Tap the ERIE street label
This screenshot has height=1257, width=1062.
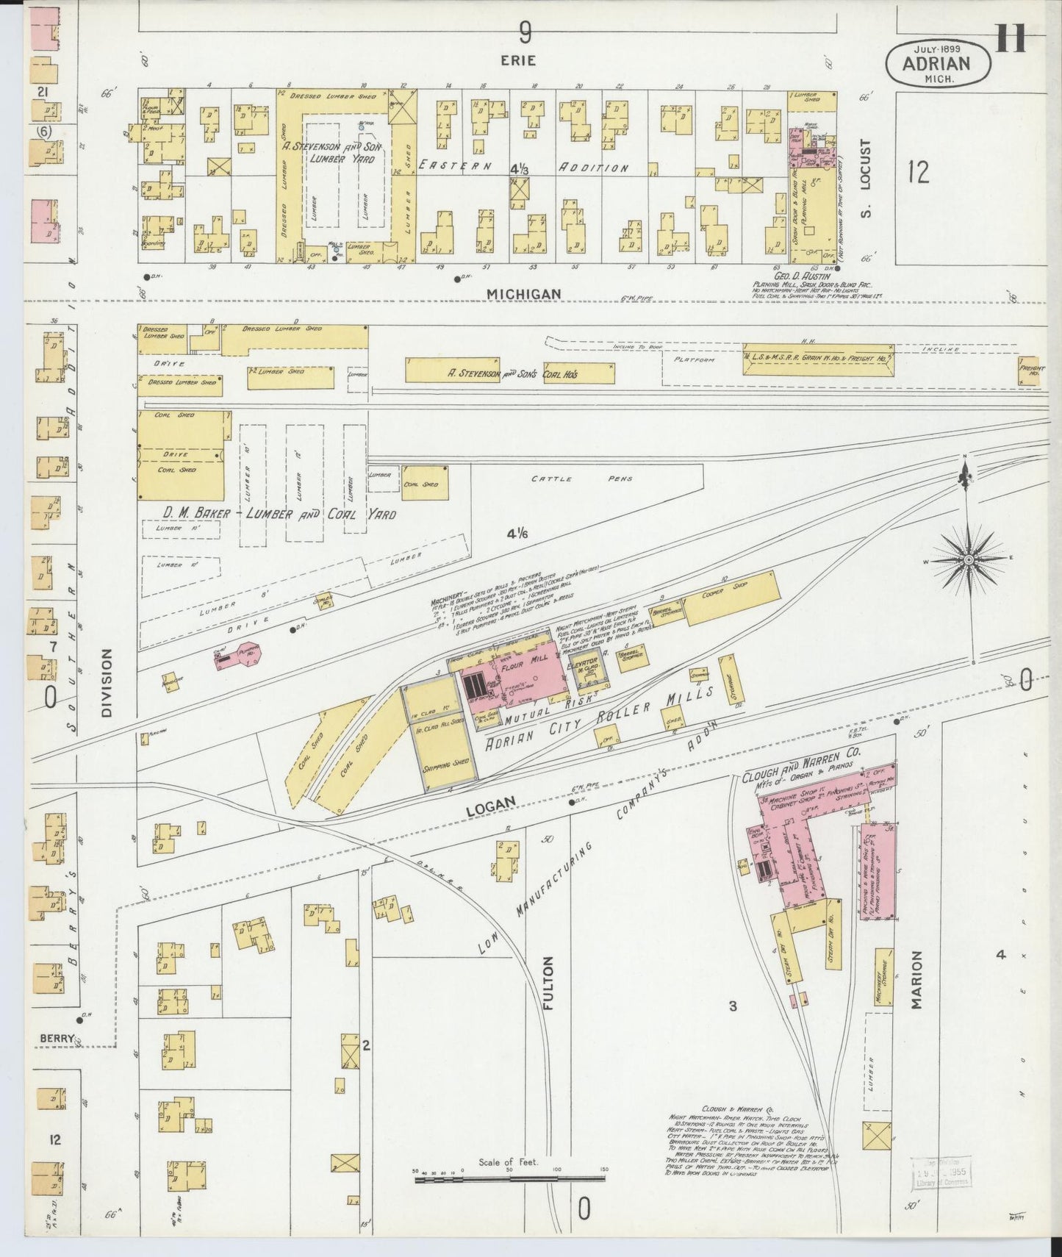(x=519, y=60)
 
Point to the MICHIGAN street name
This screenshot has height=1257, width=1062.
(x=524, y=293)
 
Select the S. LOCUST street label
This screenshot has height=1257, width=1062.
(x=865, y=179)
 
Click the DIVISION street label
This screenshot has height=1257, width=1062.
(x=109, y=682)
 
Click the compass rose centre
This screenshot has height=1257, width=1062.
(x=969, y=560)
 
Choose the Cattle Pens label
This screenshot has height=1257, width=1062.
(x=581, y=479)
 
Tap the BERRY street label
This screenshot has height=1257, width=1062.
(x=57, y=1038)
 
